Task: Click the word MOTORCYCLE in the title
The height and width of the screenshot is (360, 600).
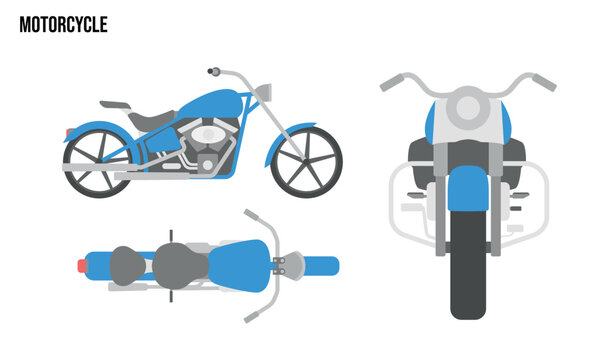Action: coord(63,25)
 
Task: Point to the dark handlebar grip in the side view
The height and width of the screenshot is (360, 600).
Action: coord(212,71)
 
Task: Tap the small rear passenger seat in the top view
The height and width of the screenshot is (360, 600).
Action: coord(126,264)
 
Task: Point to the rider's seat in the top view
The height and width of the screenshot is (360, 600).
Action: coord(180,265)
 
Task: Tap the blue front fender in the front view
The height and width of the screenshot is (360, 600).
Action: coord(471,190)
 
